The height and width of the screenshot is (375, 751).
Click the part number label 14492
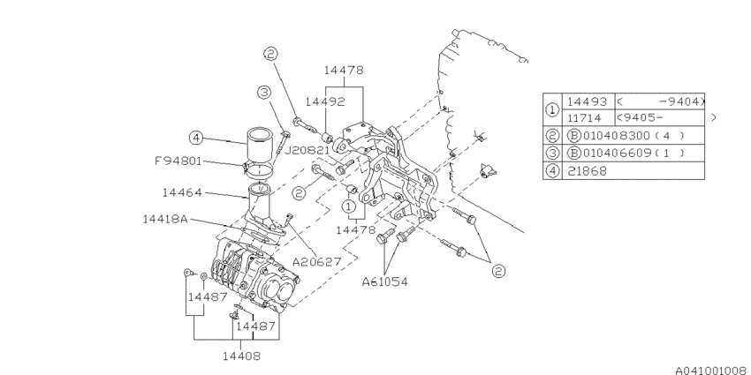(325, 101)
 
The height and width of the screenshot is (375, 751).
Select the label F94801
(178, 161)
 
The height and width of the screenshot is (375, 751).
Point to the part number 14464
(182, 192)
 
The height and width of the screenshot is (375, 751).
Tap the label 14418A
(165, 219)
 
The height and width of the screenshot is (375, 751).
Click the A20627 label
(316, 262)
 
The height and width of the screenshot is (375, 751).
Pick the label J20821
(307, 150)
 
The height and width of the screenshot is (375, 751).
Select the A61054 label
(384, 281)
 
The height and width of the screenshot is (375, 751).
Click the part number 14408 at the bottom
(242, 356)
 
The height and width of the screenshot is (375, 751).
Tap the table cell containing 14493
(587, 101)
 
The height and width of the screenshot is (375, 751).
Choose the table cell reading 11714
(587, 117)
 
